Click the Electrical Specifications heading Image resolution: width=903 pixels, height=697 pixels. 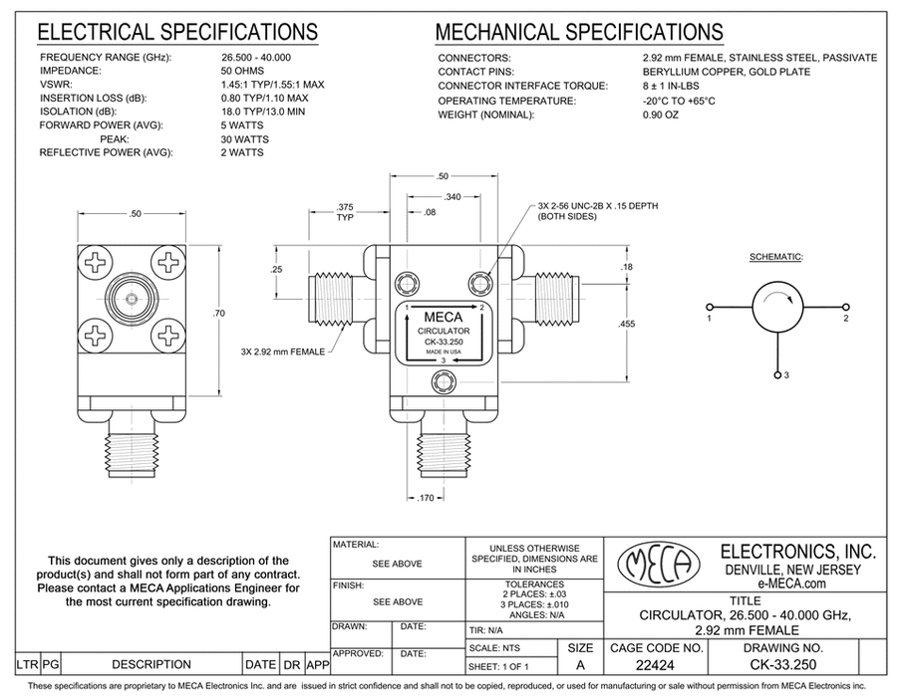[177, 33]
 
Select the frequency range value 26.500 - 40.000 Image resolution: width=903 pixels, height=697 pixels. [262, 58]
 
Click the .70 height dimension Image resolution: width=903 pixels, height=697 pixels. [220, 315]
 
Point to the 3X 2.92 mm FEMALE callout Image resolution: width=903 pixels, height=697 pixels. [284, 350]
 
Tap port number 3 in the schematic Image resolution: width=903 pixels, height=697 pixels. [785, 374]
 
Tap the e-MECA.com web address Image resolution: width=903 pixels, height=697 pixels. [797, 584]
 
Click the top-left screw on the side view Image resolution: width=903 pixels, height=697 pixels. [97, 263]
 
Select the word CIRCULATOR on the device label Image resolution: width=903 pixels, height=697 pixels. [446, 332]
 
